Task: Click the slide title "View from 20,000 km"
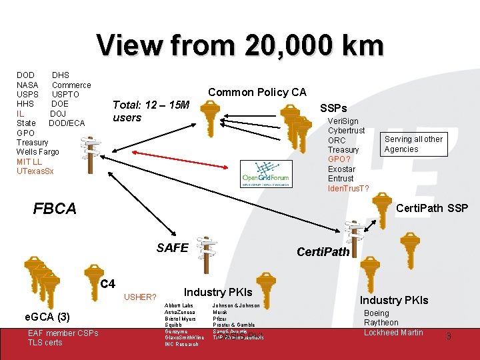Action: point(240,45)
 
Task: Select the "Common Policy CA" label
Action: point(257,92)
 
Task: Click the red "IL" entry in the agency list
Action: point(21,113)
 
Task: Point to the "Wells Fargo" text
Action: point(37,152)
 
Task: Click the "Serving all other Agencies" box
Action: point(413,144)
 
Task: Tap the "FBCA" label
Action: point(55,209)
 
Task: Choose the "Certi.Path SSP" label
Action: point(432,209)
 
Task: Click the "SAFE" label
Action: point(172,248)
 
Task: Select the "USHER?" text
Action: point(140,297)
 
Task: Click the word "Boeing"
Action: point(377,313)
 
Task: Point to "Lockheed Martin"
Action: point(393,332)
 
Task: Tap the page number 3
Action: point(448,337)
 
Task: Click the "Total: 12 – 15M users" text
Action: point(151,111)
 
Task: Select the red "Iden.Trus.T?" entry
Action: point(349,188)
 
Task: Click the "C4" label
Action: point(107,284)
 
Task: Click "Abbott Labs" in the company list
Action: point(179,305)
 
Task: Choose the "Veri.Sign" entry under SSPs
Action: point(343,121)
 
